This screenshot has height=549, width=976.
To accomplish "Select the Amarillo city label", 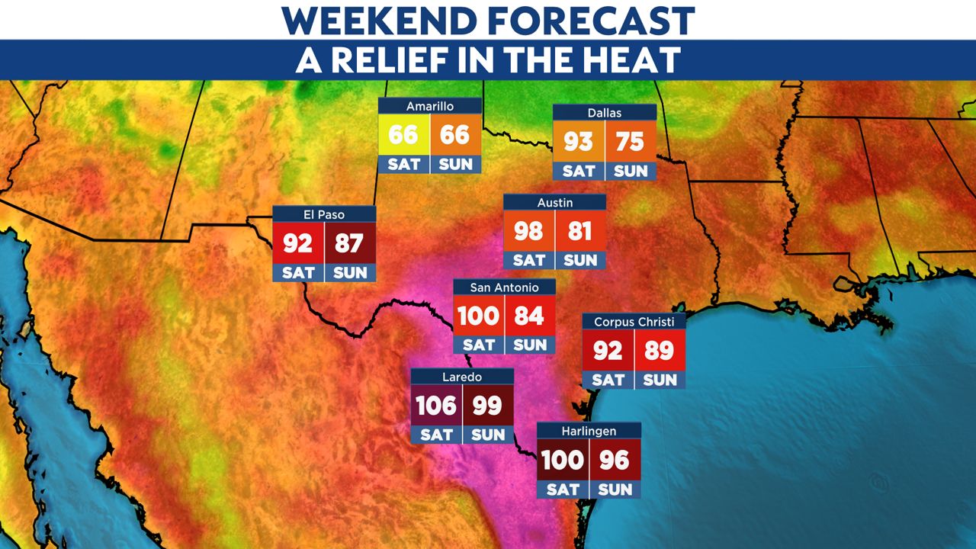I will coord(431,106).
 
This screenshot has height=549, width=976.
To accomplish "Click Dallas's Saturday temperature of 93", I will coord(579,142).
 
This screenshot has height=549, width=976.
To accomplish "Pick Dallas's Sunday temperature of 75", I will coord(631,142).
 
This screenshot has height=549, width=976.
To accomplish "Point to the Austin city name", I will coord(554,203).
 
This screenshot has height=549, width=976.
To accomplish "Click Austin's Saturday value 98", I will coord(528,231).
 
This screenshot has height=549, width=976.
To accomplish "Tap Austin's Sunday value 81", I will coord(580,231).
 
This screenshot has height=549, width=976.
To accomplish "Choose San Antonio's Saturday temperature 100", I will coord(478,316).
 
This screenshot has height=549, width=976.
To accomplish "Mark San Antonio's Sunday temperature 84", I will coord(529,316).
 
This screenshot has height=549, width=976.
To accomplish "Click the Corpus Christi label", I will coord(634,322).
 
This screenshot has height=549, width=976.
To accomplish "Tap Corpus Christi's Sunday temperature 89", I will coord(660,351).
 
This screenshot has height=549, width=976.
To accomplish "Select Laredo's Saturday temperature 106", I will coord(435,405).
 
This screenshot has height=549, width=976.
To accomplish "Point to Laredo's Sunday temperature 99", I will coord(487,405).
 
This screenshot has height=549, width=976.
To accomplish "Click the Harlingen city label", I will coord(589,431).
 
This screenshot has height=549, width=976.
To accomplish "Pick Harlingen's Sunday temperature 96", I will coord(615,460).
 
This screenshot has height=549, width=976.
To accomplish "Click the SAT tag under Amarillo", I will coord(404,164).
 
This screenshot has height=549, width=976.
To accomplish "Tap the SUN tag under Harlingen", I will coord(615,489).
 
